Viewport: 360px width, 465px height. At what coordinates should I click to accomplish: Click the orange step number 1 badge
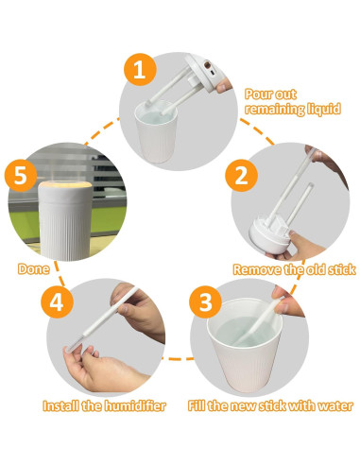tap(139, 69)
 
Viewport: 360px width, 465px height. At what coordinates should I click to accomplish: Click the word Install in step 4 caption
tap(63, 406)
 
